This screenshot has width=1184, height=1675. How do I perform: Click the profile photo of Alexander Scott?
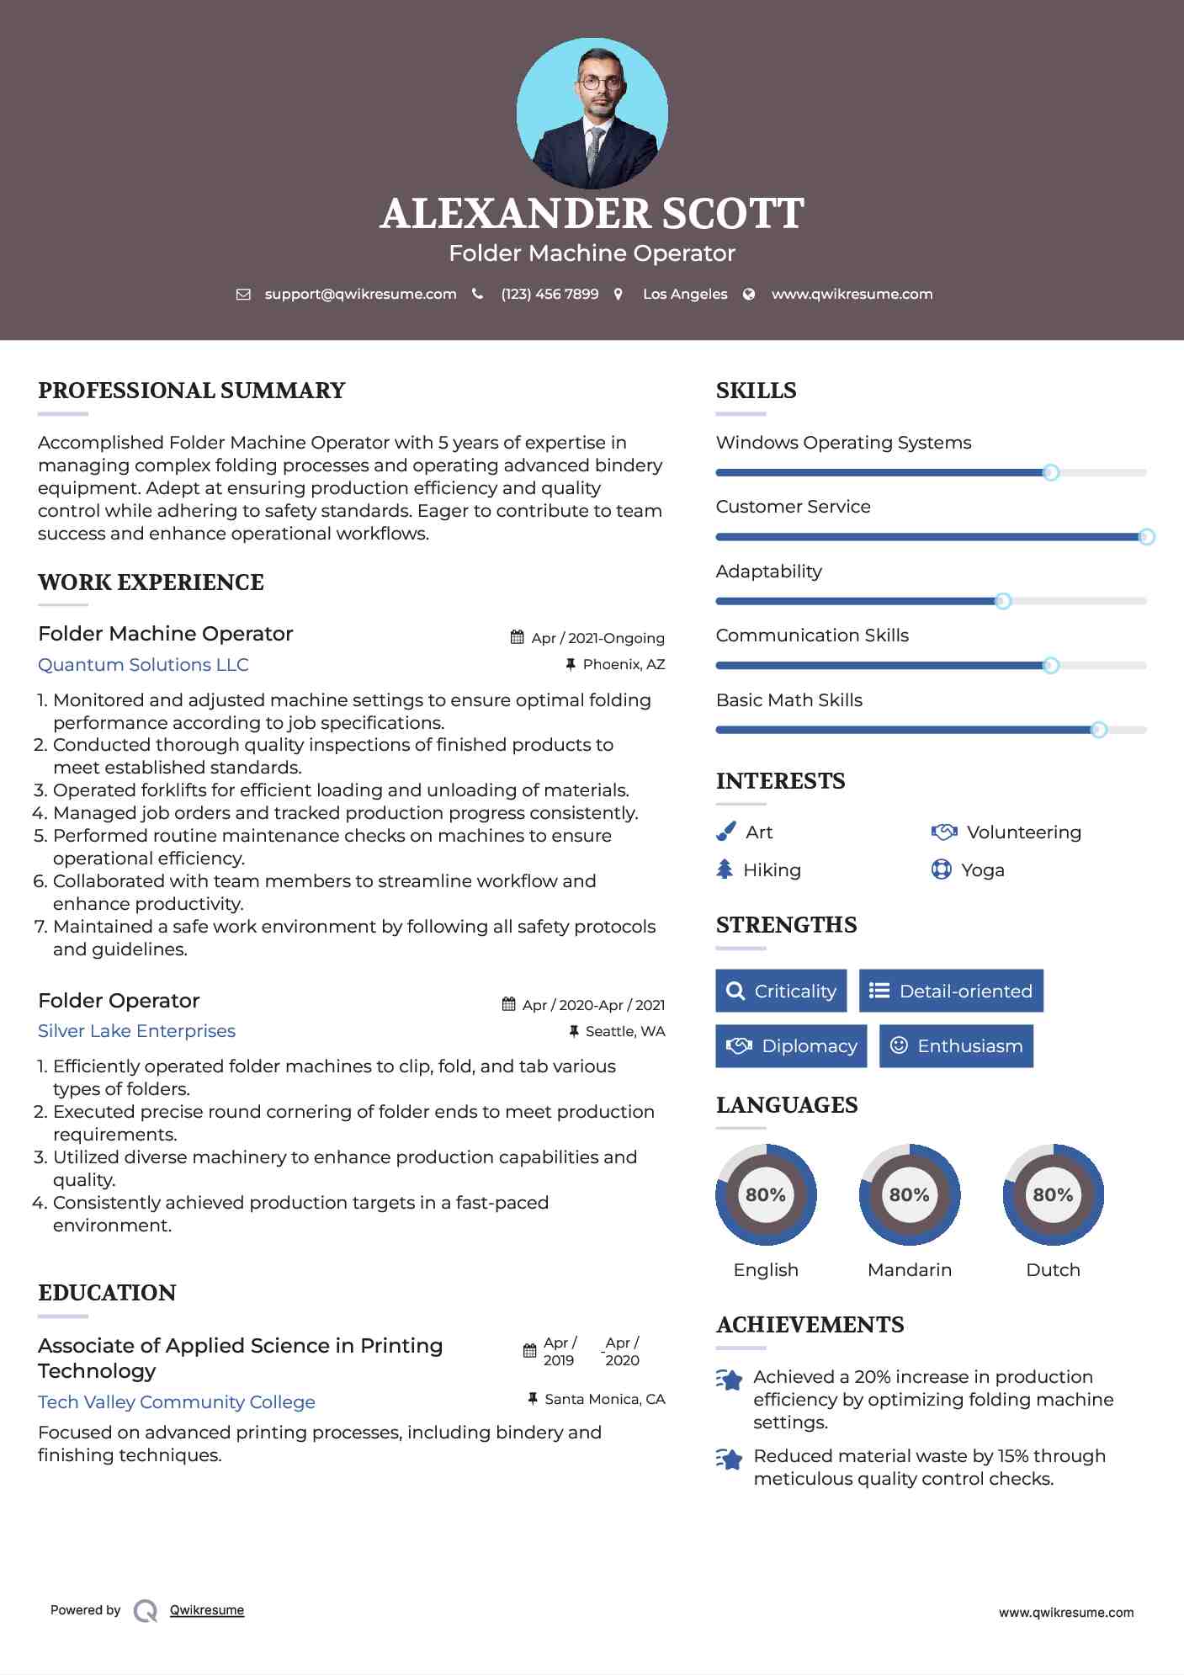(592, 113)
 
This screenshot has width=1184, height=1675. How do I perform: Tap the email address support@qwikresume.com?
(360, 294)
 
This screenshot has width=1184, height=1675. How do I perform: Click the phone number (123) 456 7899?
(550, 294)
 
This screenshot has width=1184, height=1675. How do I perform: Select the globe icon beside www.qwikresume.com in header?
(749, 294)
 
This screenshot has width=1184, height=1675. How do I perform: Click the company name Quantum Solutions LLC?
(143, 664)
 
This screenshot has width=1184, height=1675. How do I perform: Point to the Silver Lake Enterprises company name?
(136, 1030)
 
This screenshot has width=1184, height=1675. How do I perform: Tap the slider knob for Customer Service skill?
(1146, 537)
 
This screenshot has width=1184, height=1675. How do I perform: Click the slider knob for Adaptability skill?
(1003, 601)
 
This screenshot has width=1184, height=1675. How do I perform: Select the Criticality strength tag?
(781, 991)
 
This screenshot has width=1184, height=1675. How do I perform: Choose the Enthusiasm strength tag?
(956, 1045)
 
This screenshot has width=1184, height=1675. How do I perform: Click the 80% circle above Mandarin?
(909, 1194)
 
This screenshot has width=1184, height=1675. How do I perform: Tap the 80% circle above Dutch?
(1053, 1194)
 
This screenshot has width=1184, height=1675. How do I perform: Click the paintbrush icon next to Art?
(725, 832)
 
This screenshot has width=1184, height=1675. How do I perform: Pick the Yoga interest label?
(982, 869)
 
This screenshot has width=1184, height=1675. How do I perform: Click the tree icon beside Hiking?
(725, 869)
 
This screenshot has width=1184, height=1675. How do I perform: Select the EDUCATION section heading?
(107, 1292)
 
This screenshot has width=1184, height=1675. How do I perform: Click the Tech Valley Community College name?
(177, 1401)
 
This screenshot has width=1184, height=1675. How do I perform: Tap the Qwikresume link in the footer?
(207, 1609)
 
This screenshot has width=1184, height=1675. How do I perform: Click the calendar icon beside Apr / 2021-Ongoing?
(518, 637)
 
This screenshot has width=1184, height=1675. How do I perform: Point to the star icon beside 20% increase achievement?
(730, 1380)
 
